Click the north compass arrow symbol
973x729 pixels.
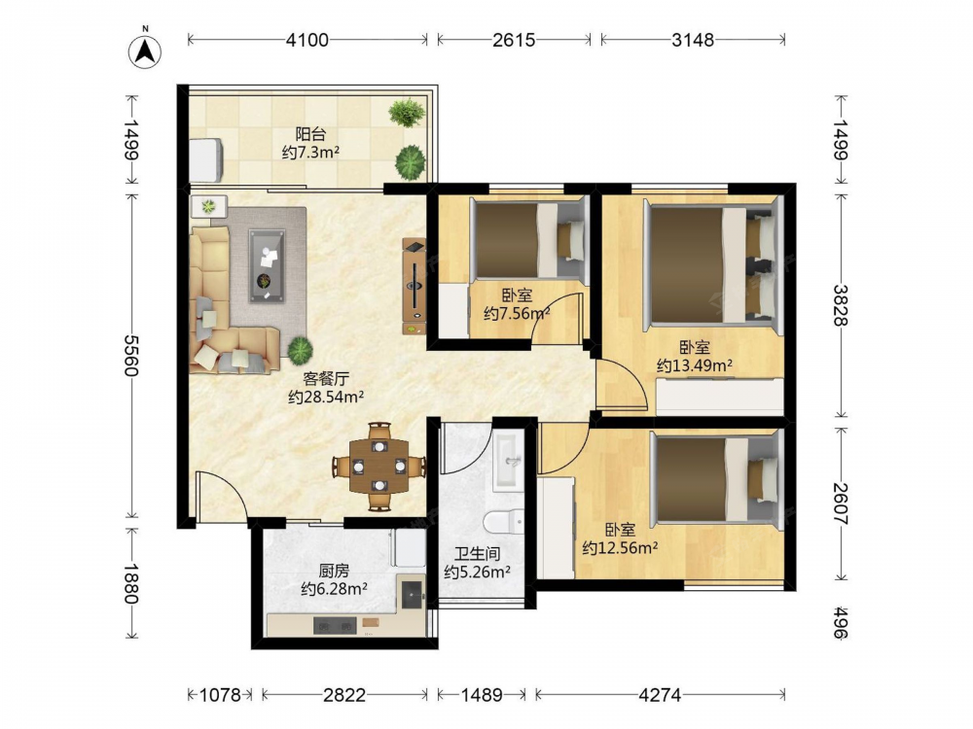click(145, 51)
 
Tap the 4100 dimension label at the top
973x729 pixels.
click(307, 40)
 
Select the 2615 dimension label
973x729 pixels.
click(514, 40)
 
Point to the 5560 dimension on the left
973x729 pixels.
click(130, 355)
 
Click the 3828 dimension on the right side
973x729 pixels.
click(841, 305)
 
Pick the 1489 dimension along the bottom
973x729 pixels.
click(482, 695)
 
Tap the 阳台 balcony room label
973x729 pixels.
click(310, 134)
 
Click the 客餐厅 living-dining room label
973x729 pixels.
click(326, 378)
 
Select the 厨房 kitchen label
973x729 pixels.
click(334, 571)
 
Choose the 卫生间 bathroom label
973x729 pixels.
click(477, 554)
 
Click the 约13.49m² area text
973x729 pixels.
click(695, 365)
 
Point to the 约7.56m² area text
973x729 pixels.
click(517, 314)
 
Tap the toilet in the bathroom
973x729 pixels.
click(504, 521)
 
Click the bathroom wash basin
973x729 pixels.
click(509, 461)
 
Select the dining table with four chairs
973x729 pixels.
click(379, 467)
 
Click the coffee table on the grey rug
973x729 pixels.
click(268, 266)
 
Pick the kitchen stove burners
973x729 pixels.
click(335, 625)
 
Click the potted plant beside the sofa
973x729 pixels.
click(300, 350)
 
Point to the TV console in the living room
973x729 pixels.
click(414, 287)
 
